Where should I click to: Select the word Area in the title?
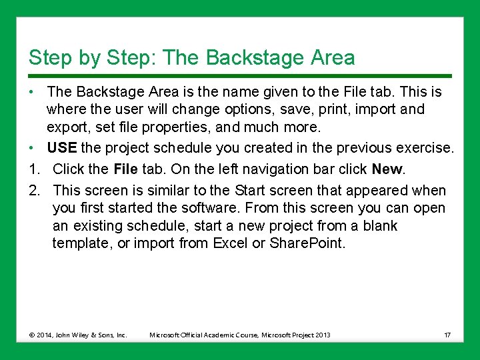[333, 58]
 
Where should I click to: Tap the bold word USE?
[61, 147]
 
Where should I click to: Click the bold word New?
[387, 169]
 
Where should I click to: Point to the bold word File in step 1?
[126, 169]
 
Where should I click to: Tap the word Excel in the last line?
[230, 243]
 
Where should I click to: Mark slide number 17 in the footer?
[447, 334]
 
